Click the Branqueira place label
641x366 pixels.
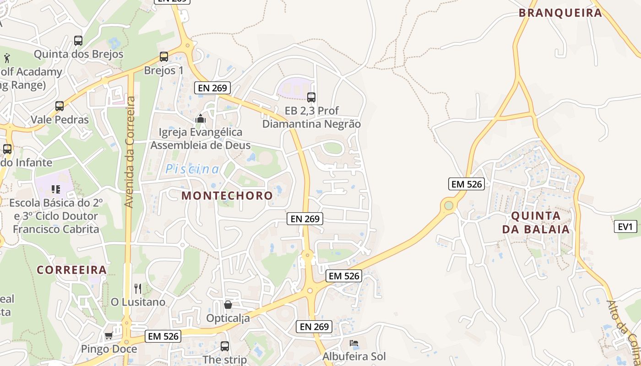coord(560,13)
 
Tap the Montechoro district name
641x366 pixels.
coord(227,196)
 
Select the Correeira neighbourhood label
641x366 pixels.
coord(72,270)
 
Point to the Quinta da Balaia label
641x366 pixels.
coord(536,222)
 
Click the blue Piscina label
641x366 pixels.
coord(192,169)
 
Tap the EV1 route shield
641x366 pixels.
coord(625,226)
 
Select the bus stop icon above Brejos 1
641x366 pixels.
coord(163,57)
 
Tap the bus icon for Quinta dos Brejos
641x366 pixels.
coord(78,40)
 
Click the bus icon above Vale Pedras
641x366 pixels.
coord(60,106)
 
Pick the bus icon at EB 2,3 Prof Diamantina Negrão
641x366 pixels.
coord(311,97)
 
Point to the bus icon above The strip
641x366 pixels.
coord(225,346)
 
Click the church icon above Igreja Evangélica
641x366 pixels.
coord(201,119)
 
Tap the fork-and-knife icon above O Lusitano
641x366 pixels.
coord(138,289)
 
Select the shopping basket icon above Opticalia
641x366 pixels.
coord(228,304)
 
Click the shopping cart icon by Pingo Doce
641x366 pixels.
coord(109,335)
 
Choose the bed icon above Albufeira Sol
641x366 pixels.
coord(354,343)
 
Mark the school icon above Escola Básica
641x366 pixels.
coord(56,189)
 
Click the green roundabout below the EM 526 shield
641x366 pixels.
coord(449,205)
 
